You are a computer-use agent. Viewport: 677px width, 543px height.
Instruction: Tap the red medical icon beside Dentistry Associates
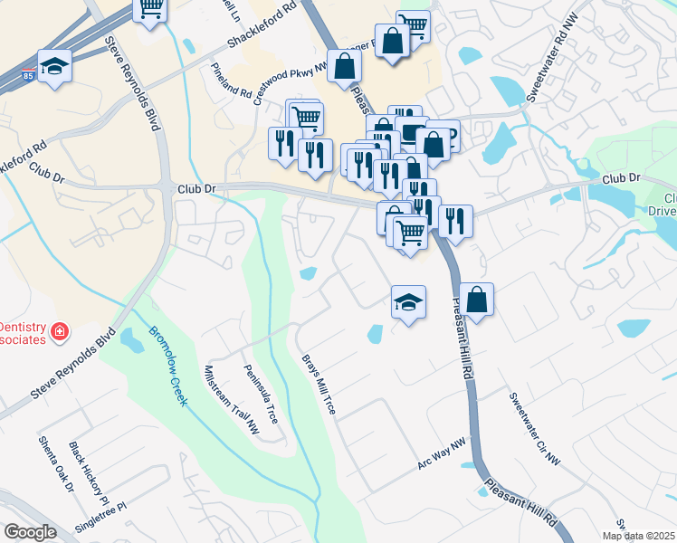(x=60, y=332)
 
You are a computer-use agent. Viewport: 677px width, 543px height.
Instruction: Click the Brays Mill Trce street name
(x=319, y=385)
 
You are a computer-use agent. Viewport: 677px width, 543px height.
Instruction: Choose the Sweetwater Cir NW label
(x=534, y=429)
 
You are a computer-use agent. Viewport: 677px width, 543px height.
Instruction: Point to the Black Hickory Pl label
(x=89, y=474)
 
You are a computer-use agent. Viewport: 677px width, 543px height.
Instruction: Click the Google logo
(x=30, y=532)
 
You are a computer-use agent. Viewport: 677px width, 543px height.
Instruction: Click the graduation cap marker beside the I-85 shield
(x=55, y=65)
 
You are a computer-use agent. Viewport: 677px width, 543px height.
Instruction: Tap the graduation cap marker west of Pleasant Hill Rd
(x=408, y=302)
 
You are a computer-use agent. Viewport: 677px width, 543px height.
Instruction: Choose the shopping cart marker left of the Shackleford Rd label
(x=150, y=9)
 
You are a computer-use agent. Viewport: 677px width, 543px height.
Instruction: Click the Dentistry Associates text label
(x=22, y=332)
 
